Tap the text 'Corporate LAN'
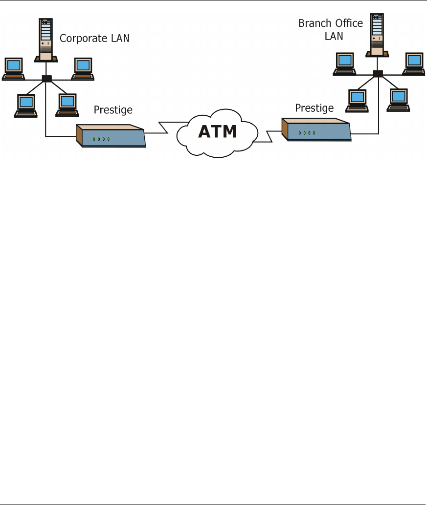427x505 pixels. click(94, 38)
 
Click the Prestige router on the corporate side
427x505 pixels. click(111, 136)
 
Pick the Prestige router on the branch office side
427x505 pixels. click(316, 129)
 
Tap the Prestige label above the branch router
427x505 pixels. click(315, 107)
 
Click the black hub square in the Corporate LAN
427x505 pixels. click(47, 79)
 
